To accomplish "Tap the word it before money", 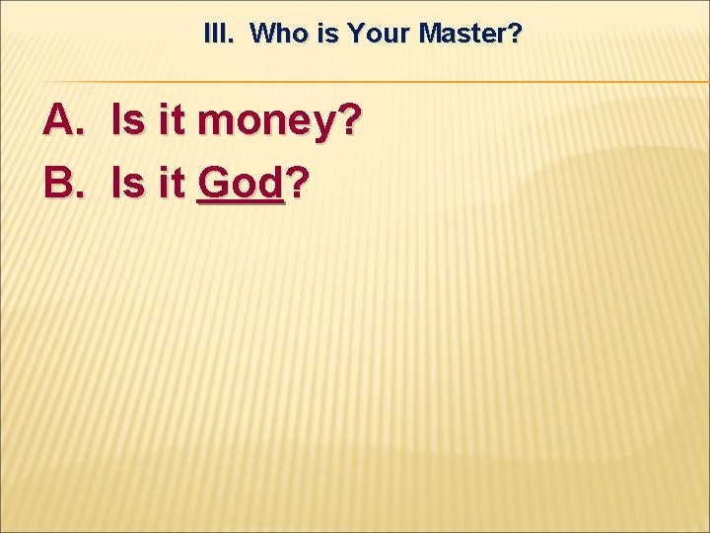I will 170,122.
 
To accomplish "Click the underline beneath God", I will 241,202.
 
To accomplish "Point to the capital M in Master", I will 430,35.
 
